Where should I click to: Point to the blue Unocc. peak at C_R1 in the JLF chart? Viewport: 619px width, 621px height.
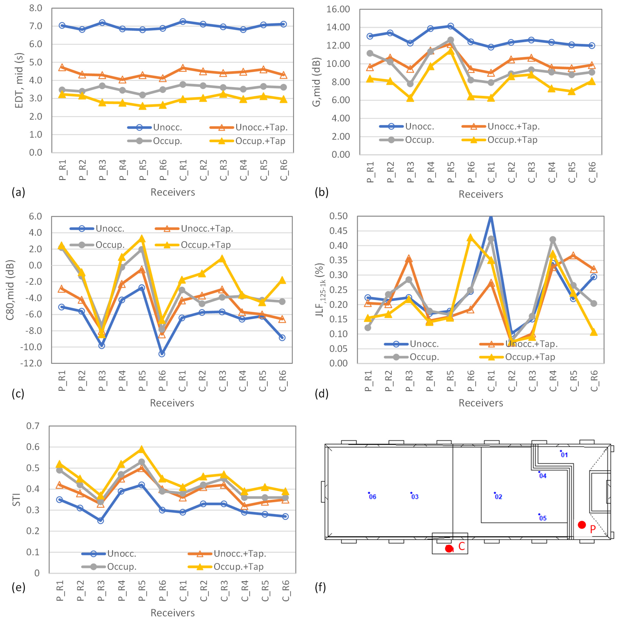point(491,217)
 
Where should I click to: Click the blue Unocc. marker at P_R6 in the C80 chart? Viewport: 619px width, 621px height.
point(162,354)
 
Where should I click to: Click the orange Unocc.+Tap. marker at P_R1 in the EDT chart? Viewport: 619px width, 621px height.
point(62,68)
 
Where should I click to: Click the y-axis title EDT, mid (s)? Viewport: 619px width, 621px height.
point(19,80)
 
